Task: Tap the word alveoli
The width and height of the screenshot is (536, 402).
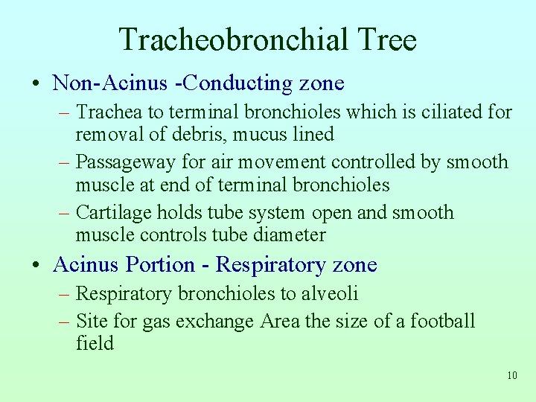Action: [330, 294]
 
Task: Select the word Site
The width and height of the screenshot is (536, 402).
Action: [91, 322]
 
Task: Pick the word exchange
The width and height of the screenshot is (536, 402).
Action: [220, 322]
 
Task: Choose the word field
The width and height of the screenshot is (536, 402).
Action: [95, 344]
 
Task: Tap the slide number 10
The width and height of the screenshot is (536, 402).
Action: [511, 375]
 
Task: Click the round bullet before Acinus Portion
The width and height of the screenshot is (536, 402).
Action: [37, 265]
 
